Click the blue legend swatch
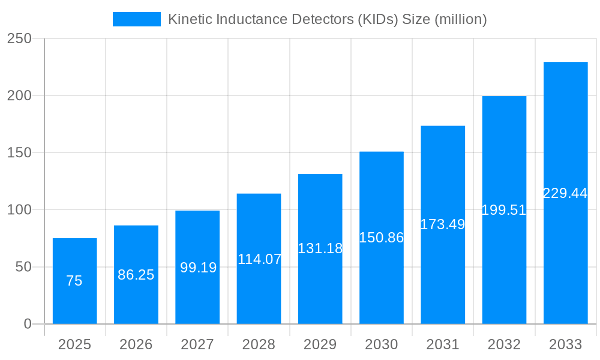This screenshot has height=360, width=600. click(x=136, y=19)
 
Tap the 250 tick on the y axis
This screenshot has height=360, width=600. click(x=19, y=38)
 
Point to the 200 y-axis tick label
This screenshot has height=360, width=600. click(x=19, y=95)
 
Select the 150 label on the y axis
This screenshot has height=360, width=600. click(x=19, y=152)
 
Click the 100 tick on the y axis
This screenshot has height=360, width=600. click(x=19, y=209)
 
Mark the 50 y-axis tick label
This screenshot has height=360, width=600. click(x=23, y=267)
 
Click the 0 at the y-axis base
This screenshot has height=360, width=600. click(x=28, y=324)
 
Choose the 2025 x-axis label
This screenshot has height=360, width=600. click(x=74, y=344)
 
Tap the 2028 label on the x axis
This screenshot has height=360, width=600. click(x=259, y=344)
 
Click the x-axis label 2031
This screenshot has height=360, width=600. click(x=443, y=344)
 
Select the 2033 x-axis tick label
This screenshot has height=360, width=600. click(x=565, y=344)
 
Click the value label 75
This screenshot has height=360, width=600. click(x=74, y=281)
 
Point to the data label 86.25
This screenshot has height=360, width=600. click(x=136, y=275)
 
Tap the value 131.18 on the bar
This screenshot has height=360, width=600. click(x=320, y=248)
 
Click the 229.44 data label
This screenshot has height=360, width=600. click(x=565, y=193)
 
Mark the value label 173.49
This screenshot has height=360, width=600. click(x=443, y=224)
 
